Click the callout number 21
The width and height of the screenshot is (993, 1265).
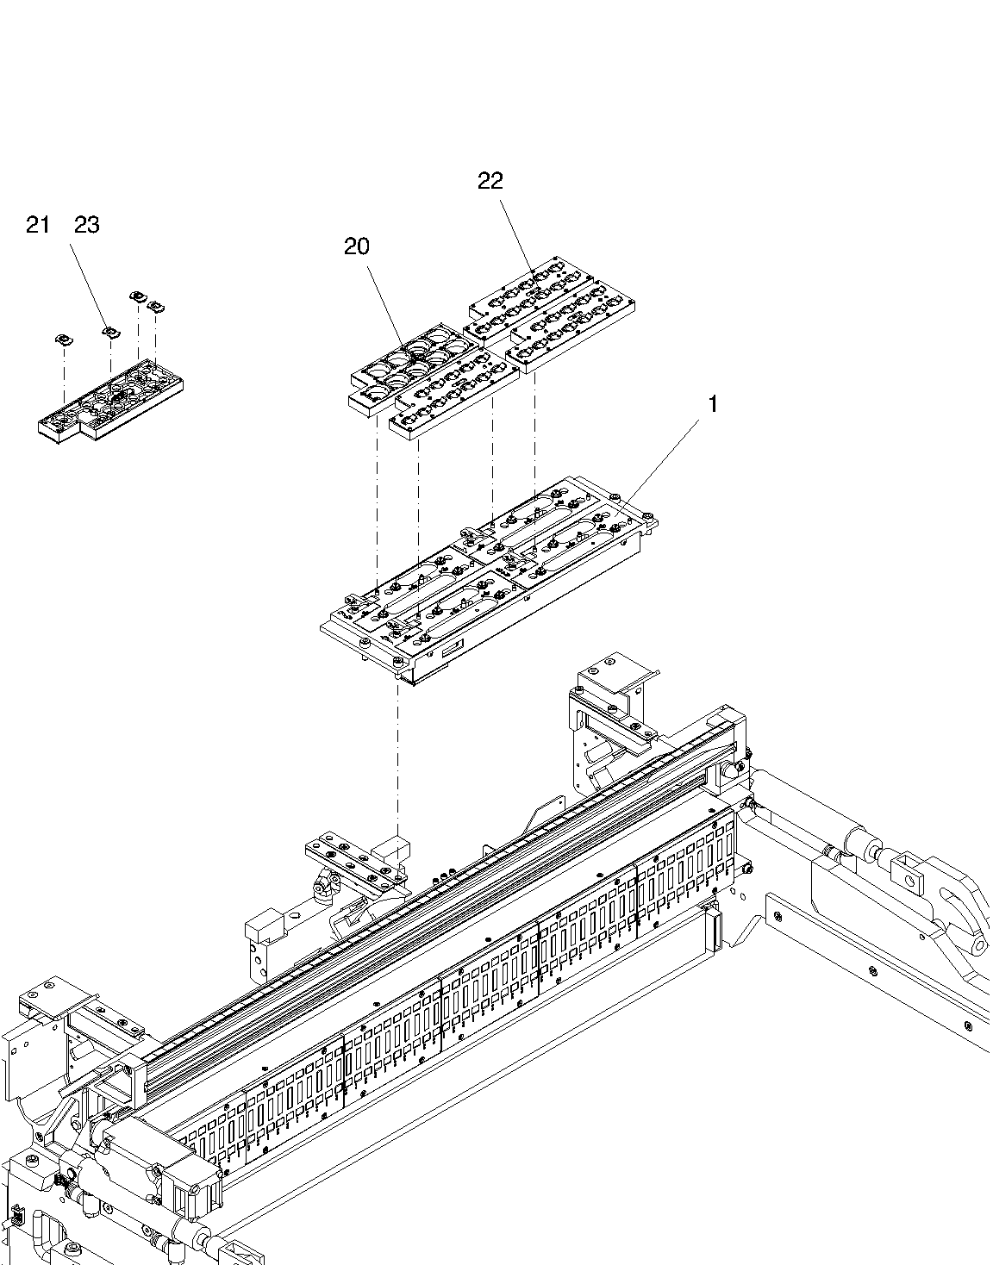[38, 224]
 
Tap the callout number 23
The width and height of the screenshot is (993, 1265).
[87, 224]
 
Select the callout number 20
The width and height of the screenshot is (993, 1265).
[356, 246]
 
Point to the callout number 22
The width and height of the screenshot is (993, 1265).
[490, 181]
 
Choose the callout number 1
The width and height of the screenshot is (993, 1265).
[713, 404]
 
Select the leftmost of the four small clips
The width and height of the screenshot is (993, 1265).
[64, 339]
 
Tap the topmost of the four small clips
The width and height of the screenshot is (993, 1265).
[137, 296]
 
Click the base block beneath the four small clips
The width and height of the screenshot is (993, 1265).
[110, 399]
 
